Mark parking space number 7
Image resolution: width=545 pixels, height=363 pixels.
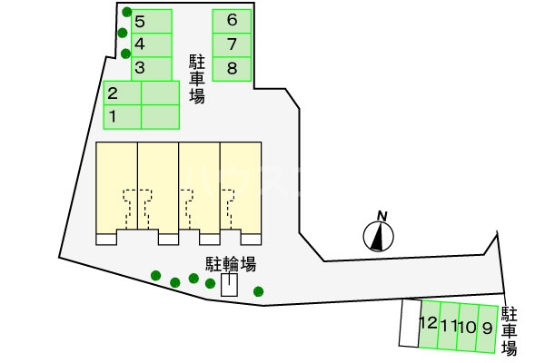[233, 44]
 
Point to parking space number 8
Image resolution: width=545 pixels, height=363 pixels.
[233, 68]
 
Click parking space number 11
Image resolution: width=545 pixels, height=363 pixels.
[448, 325]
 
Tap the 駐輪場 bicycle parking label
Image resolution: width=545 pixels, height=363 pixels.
[230, 264]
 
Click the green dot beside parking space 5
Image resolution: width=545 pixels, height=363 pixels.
[123, 13]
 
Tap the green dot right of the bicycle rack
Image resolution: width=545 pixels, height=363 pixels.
[259, 291]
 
